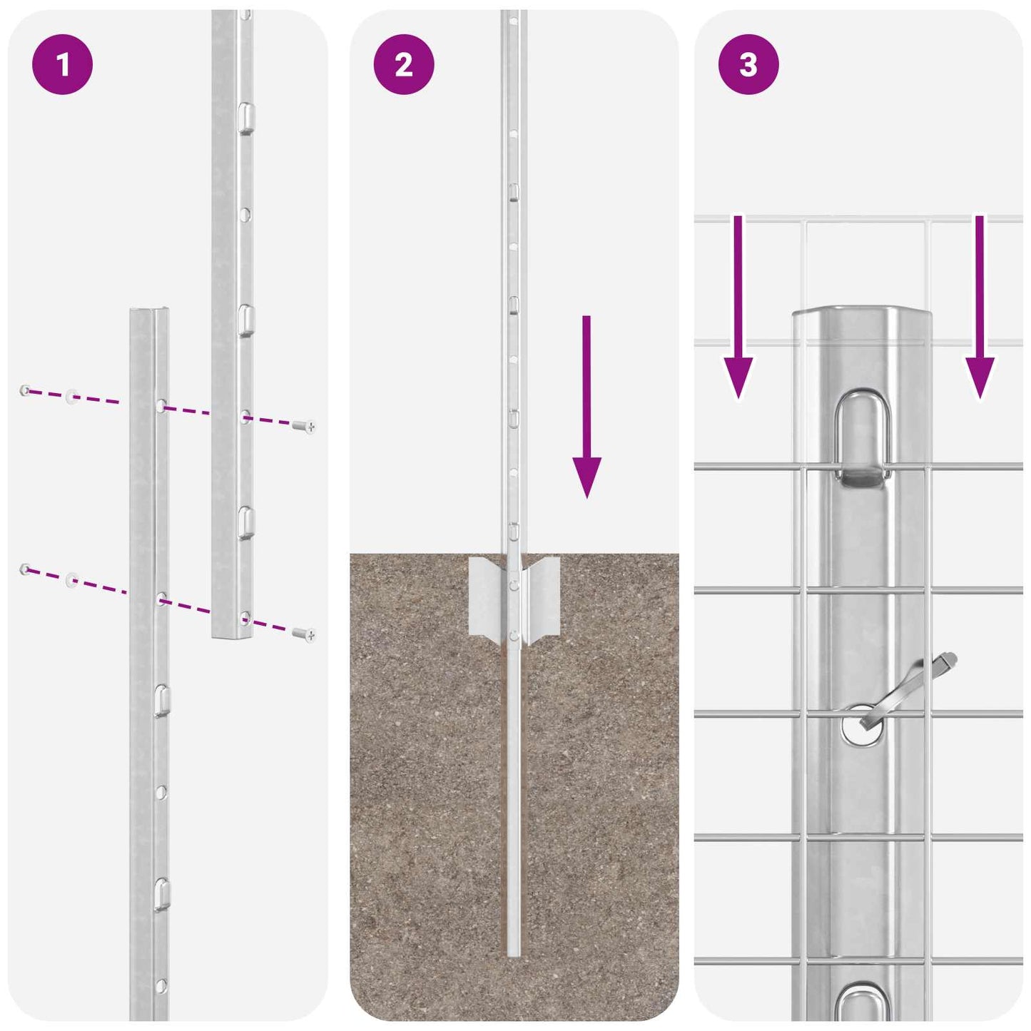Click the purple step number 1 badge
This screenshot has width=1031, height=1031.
62,65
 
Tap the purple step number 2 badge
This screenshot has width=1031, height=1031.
404,65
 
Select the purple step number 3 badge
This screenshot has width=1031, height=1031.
748,65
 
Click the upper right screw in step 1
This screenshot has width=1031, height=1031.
304,427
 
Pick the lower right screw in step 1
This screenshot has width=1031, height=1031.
304,634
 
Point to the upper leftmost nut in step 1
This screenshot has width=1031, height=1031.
25,390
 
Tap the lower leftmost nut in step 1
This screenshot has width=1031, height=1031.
25,569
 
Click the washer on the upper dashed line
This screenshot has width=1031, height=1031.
72,396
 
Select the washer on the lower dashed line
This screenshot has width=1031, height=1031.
72,579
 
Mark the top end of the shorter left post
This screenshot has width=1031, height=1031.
150,311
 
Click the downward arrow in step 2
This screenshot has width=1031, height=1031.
586,407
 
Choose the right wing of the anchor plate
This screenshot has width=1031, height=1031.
542,596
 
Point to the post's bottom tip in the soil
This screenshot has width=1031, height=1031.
514,953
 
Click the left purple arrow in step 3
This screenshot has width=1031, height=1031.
738,307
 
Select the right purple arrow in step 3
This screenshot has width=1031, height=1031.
980,307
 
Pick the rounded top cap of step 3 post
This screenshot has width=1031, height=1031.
862,318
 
